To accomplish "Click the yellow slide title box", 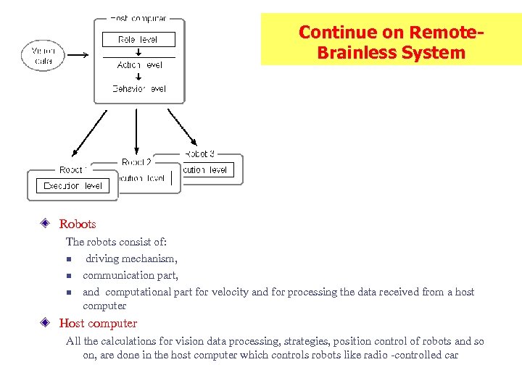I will (x=391, y=40).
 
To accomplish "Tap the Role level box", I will (x=138, y=40).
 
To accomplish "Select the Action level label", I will (x=139, y=65).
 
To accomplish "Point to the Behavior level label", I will (x=139, y=89).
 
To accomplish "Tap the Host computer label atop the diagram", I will (x=138, y=18).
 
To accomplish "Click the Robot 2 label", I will (x=137, y=162).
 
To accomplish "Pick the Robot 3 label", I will (x=199, y=154).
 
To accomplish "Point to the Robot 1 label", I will (x=73, y=169).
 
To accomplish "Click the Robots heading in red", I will (x=77, y=224).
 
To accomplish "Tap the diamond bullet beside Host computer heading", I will (x=45, y=324).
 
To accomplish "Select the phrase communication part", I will (x=130, y=275).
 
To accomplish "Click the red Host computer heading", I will (x=98, y=324).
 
